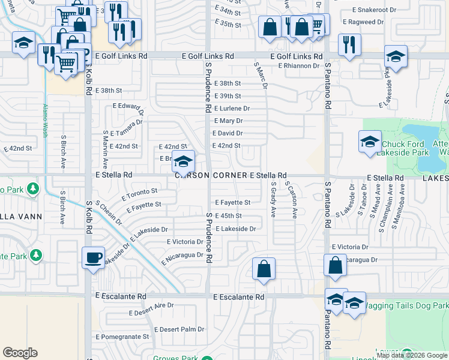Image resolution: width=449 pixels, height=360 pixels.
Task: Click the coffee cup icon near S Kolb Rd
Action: point(93,258)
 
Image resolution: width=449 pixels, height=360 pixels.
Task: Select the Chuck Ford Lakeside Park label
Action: point(403,148)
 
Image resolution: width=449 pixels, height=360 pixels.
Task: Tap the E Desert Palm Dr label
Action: point(179,329)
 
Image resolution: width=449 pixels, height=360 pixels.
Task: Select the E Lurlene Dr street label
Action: point(232,109)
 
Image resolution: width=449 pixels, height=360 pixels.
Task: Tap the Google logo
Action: point(20,352)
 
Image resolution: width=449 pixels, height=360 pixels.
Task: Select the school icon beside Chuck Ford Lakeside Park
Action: point(370,142)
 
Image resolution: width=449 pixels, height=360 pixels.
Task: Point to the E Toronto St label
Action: point(139,194)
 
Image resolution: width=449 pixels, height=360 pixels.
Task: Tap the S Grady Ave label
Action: point(273,200)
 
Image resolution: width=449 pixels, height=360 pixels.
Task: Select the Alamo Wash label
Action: point(46,121)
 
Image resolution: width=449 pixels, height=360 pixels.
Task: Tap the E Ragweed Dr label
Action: point(363,22)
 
